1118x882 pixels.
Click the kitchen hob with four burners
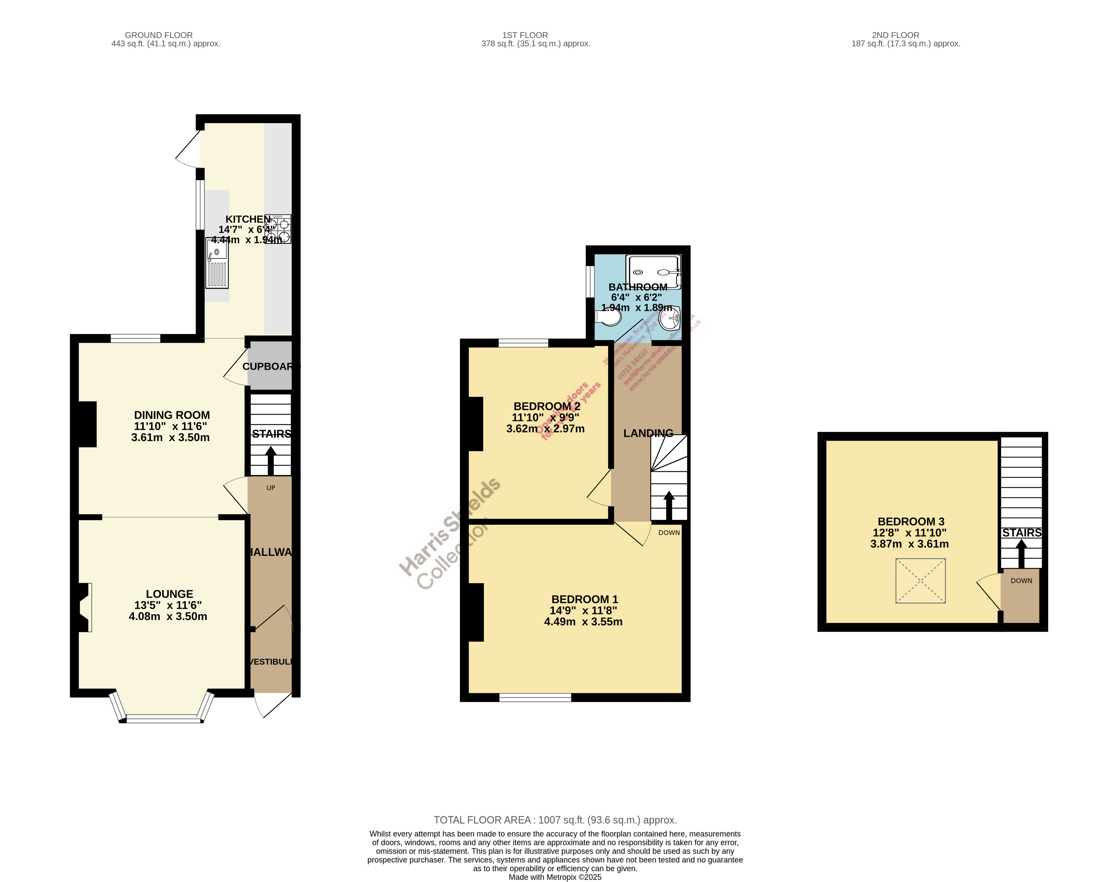(278, 229)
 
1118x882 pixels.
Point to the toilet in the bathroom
(608, 317)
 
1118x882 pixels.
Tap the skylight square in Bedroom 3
(920, 580)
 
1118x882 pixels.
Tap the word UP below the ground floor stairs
(271, 488)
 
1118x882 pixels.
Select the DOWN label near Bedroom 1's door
(669, 533)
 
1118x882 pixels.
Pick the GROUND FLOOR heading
(159, 35)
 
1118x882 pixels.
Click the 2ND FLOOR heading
(896, 35)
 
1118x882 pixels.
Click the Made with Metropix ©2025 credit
(555, 877)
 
